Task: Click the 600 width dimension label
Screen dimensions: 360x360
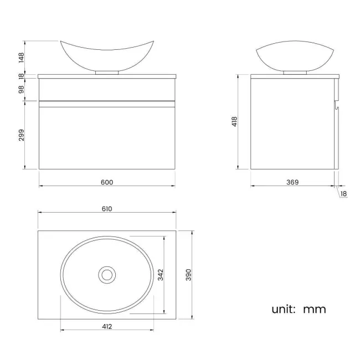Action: coord(107,182)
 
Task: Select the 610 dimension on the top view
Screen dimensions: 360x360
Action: coord(107,209)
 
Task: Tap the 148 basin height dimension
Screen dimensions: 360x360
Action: coord(22,57)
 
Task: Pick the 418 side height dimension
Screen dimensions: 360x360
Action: coord(234,121)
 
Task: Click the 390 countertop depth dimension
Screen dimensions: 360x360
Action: coord(188,275)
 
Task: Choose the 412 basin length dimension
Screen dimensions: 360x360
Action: coord(107,326)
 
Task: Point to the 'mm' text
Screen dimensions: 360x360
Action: coord(315,309)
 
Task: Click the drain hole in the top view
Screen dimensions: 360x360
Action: coord(107,274)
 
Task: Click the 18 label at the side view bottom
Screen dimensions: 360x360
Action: coord(343,193)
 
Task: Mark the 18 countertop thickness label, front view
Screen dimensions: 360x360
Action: coord(22,77)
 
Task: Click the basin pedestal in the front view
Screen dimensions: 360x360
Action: coord(107,72)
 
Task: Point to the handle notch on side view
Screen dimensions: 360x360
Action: coord(336,102)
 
